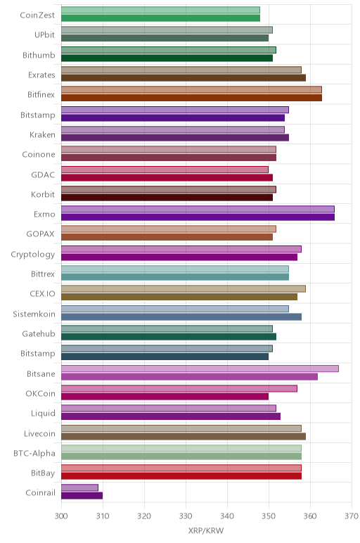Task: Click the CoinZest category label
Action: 37,15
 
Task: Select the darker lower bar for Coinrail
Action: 82,496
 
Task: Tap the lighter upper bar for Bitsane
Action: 200,369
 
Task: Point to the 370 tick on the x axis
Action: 352,516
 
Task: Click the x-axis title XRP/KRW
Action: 206,530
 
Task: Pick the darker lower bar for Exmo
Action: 198,217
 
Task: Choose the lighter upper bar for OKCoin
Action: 179,388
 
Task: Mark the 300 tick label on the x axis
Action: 61,516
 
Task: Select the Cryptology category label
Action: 33,255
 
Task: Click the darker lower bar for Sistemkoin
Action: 181,317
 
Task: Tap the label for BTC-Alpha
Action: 34,453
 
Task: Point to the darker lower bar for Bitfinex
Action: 192,98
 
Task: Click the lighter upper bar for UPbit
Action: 167,30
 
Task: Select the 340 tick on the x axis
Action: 227,516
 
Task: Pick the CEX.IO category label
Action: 42,294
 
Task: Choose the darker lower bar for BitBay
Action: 181,475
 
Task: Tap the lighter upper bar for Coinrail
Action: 79,488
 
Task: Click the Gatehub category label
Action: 39,334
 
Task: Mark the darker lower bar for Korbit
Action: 167,198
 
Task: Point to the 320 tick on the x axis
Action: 144,516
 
